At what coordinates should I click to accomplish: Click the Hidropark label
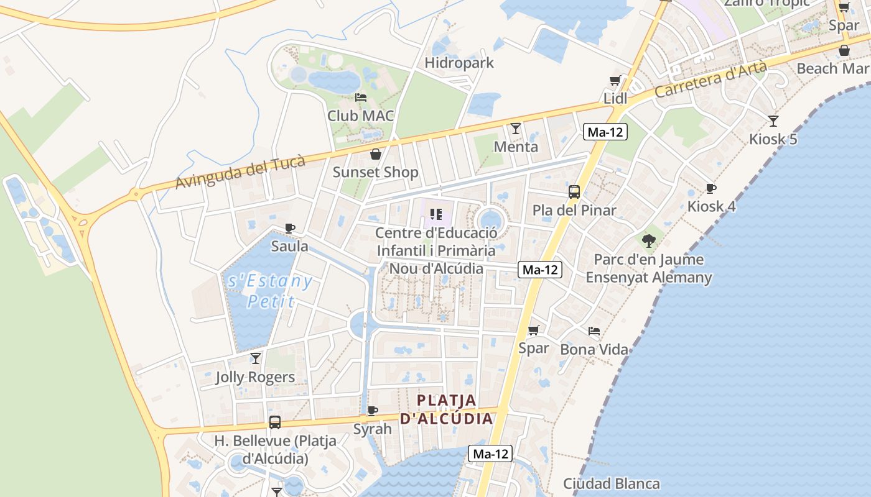[x=459, y=63]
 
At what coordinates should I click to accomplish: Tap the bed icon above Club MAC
[x=361, y=98]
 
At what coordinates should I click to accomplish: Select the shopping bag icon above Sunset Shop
[x=375, y=154]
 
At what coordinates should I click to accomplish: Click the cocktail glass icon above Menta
[x=516, y=129]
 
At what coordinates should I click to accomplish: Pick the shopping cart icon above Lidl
[x=615, y=81]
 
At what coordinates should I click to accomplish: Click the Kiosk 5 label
[x=773, y=139]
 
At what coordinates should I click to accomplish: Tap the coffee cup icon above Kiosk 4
[x=711, y=188]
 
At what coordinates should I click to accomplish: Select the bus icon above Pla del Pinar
[x=574, y=192]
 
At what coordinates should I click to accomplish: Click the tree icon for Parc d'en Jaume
[x=649, y=240]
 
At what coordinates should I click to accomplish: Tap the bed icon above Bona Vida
[x=594, y=331]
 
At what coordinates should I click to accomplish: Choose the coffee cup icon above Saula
[x=289, y=228]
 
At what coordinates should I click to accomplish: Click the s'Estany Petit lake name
[x=270, y=291]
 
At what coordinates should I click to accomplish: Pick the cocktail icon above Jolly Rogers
[x=255, y=358]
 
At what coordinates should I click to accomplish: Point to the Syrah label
[x=373, y=429]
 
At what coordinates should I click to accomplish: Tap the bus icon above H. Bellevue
[x=275, y=422]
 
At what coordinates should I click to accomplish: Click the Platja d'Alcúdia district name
[x=446, y=409]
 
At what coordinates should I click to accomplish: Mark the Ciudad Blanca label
[x=612, y=483]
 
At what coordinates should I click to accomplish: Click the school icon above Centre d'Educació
[x=436, y=214]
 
